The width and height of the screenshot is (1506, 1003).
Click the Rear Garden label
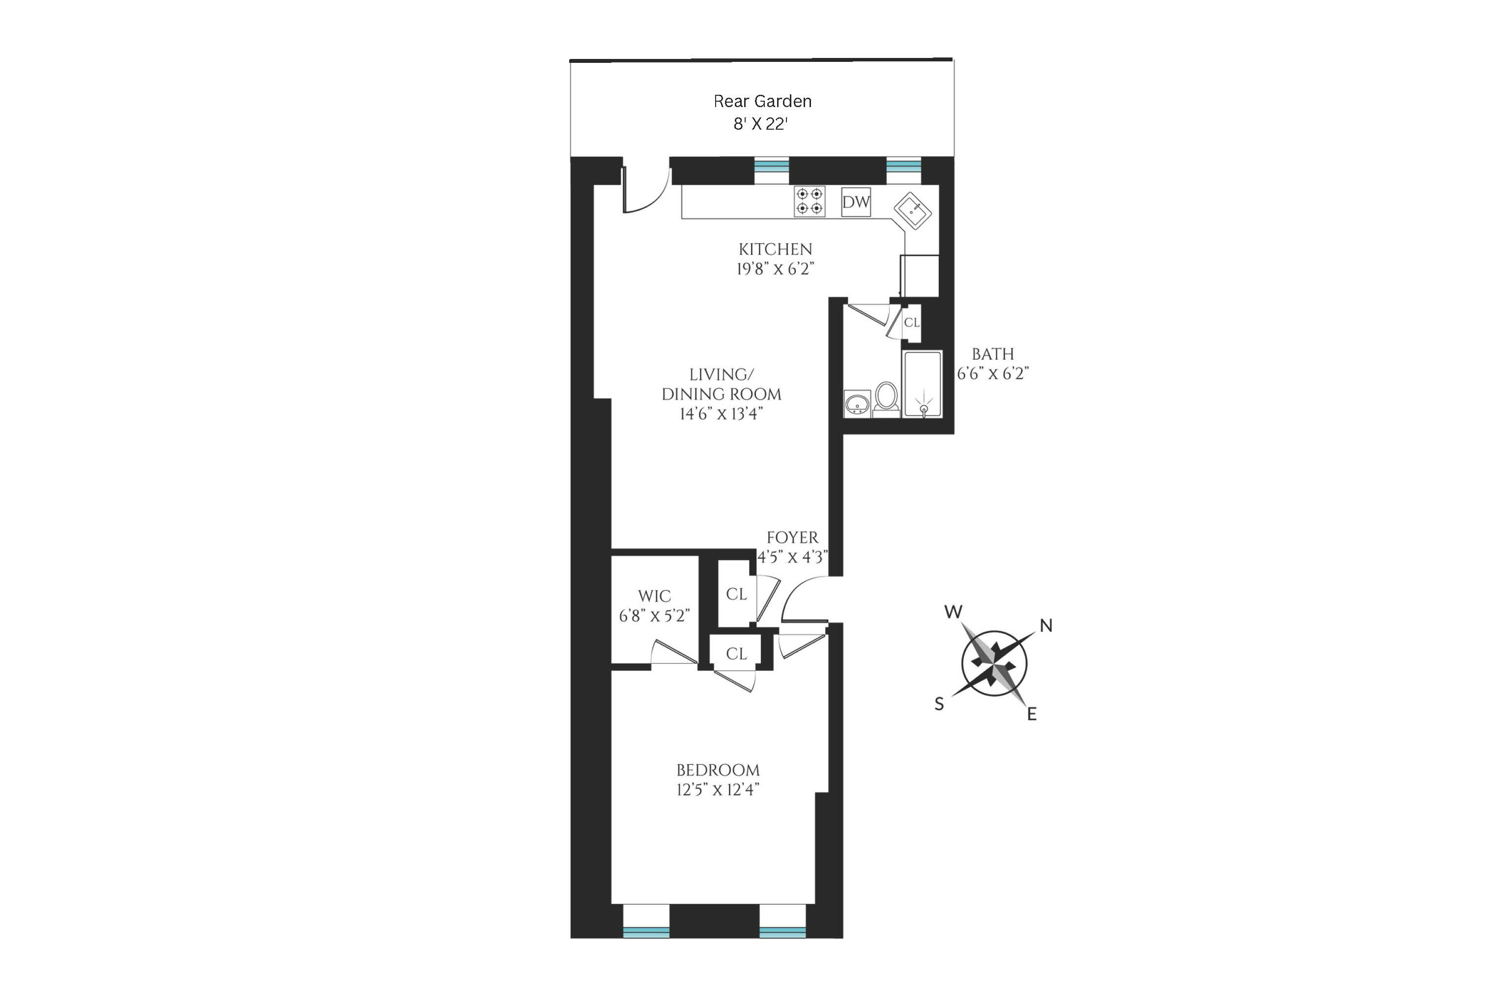762,101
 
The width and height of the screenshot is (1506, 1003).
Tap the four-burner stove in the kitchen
809,201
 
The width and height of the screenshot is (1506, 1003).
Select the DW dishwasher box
856,202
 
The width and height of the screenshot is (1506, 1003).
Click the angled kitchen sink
913,210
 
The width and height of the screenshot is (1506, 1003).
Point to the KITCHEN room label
775,249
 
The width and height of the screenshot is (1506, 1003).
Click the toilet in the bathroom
887,398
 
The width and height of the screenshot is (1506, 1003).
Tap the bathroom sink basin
857,404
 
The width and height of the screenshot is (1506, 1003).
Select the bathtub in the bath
922,384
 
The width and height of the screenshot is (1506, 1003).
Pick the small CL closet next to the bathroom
911,322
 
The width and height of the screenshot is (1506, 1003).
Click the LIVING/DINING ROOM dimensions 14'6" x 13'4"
722,414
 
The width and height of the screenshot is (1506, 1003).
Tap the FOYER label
792,537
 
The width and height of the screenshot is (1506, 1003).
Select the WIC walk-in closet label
654,596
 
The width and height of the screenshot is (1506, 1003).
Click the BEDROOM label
718,770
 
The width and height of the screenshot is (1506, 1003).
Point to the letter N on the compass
1046,626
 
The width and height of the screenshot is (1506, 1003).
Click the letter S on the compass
939,704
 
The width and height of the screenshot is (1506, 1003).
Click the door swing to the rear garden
646,190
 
